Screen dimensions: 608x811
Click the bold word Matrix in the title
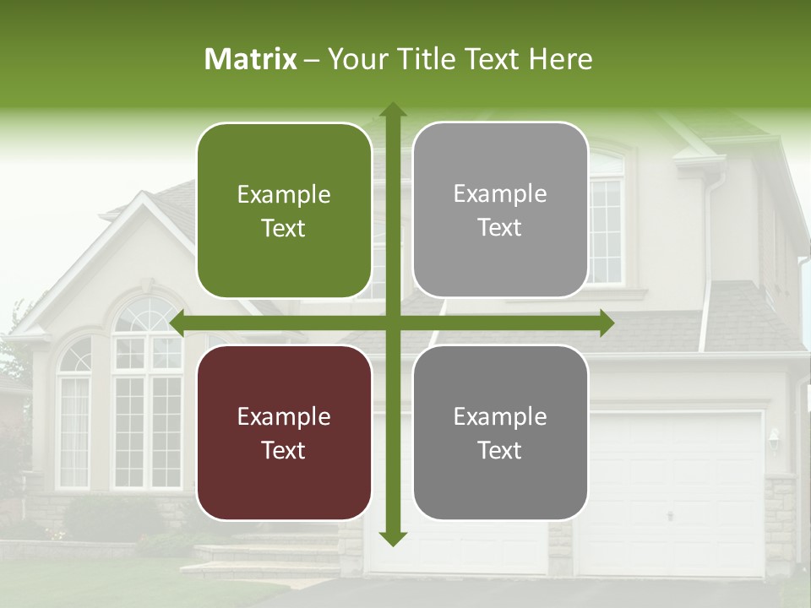coord(251,59)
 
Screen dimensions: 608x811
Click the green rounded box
coord(284,211)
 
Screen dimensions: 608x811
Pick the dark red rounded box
coord(284,433)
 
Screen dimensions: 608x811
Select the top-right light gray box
coord(500,210)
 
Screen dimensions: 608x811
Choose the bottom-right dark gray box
coord(500,433)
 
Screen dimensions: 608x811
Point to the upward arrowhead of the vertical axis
coord(392,111)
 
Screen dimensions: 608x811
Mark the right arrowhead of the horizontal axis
coord(606,323)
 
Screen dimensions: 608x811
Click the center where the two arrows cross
coord(392,323)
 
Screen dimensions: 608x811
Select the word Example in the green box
coord(284,195)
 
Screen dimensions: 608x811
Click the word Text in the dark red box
coord(284,450)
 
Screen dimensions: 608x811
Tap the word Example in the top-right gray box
coord(500,194)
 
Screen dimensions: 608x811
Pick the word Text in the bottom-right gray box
coord(500,450)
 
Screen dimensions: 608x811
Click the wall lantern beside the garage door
coord(774,437)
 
